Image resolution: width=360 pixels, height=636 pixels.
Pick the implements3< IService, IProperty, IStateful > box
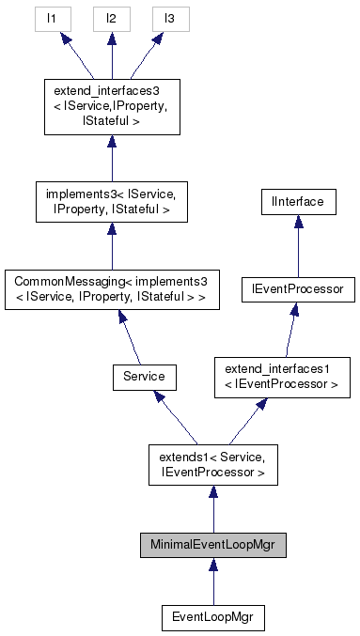coord(111,203)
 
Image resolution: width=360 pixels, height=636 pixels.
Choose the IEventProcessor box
coord(297,290)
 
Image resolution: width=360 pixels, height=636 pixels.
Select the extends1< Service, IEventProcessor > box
coord(212,464)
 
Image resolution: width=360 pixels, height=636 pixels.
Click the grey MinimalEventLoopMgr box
coord(212,545)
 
